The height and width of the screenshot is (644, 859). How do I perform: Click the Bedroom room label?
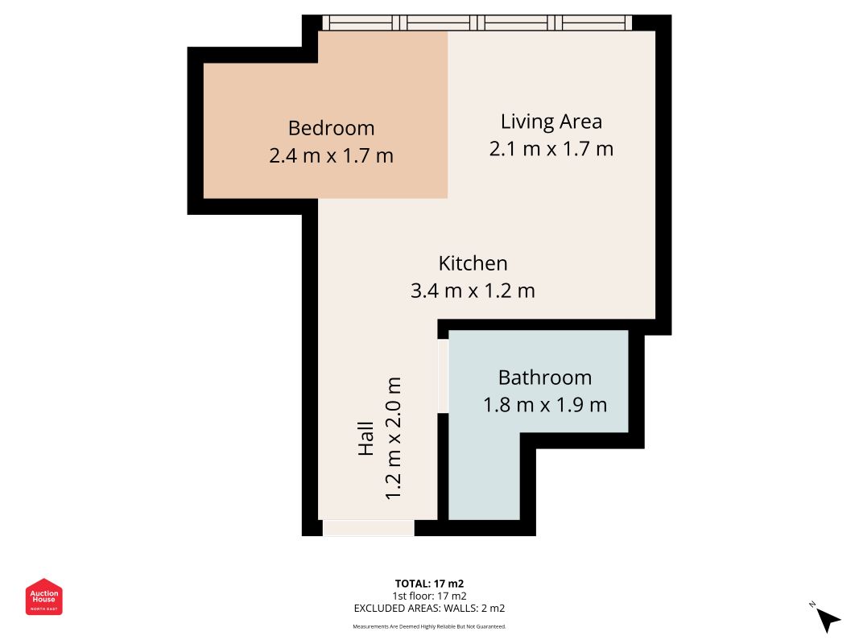click(331, 128)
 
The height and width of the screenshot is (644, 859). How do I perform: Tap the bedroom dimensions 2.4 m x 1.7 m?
click(331, 155)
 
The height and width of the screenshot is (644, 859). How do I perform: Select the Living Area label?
click(551, 122)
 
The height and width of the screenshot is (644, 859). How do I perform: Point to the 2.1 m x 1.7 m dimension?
click(551, 149)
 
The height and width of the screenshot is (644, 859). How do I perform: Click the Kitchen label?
click(473, 263)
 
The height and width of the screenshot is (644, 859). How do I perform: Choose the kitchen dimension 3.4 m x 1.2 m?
click(473, 291)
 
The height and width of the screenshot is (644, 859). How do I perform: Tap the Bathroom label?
click(544, 378)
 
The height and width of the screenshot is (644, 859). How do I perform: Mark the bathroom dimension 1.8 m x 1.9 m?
click(544, 405)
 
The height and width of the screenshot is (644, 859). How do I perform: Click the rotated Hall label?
click(366, 439)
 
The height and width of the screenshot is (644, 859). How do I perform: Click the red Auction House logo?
click(44, 597)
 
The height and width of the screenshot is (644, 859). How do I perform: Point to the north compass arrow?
click(826, 617)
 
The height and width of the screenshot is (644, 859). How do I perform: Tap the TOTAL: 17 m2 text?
click(429, 584)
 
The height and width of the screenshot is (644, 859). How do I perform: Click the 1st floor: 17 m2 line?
click(429, 596)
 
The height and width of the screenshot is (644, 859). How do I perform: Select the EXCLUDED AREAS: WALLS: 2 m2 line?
click(429, 609)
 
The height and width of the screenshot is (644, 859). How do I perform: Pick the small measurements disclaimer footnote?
click(429, 626)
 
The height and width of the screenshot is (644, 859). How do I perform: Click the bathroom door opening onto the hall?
click(443, 377)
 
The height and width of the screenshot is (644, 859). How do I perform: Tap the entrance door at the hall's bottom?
click(368, 528)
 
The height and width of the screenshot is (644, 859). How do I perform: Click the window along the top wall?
click(477, 23)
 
